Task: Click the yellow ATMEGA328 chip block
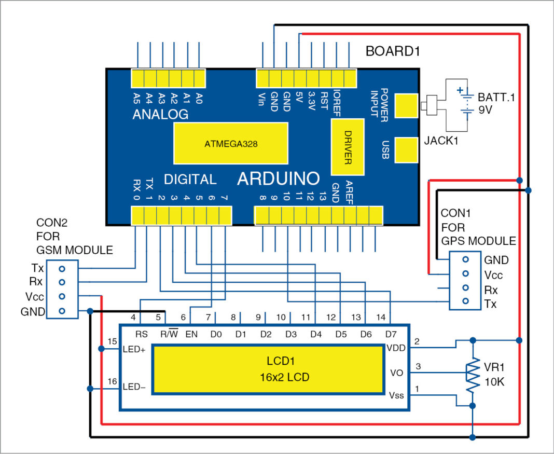pyautogui.click(x=230, y=143)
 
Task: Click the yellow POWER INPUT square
pyautogui.click(x=406, y=106)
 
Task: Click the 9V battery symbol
pyautogui.click(x=466, y=103)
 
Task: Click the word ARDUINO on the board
pyautogui.click(x=278, y=179)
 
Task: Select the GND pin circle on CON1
pyautogui.click(x=465, y=259)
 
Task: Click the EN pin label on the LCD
pyautogui.click(x=191, y=334)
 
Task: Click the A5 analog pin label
pyautogui.click(x=136, y=97)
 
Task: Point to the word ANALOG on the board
pyautogui.click(x=160, y=114)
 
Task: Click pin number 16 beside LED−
pyautogui.click(x=111, y=382)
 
